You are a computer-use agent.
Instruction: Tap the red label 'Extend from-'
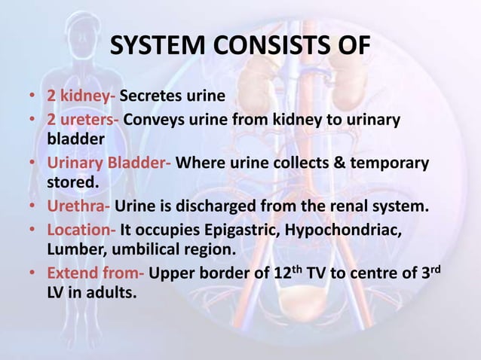click(x=96, y=272)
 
